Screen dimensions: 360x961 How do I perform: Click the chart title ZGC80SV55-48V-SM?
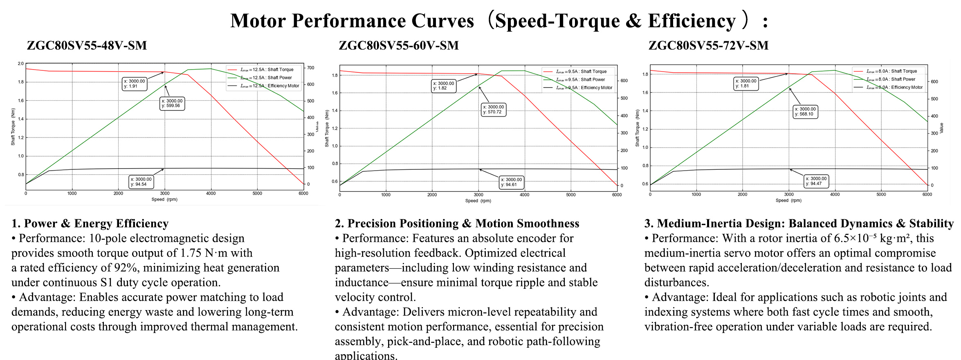point(87,45)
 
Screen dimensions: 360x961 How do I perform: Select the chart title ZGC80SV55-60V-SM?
point(399,45)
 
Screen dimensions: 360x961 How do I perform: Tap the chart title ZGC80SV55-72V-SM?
point(708,45)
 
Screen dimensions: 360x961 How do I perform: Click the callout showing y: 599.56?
point(172,103)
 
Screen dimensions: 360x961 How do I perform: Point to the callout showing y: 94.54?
point(141,182)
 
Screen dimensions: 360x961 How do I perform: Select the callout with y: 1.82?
point(443,86)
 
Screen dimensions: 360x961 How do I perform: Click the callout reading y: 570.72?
point(494,110)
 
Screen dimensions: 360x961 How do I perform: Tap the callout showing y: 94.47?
point(816,181)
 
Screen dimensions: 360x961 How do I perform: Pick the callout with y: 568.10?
point(805,112)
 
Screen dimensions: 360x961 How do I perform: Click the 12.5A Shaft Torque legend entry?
point(266,70)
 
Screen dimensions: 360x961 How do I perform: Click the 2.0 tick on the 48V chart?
point(20,64)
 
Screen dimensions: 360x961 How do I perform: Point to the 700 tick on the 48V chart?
point(311,68)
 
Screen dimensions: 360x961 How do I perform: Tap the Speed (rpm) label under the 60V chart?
point(478,201)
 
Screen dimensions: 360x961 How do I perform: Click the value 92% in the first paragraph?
point(125,268)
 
